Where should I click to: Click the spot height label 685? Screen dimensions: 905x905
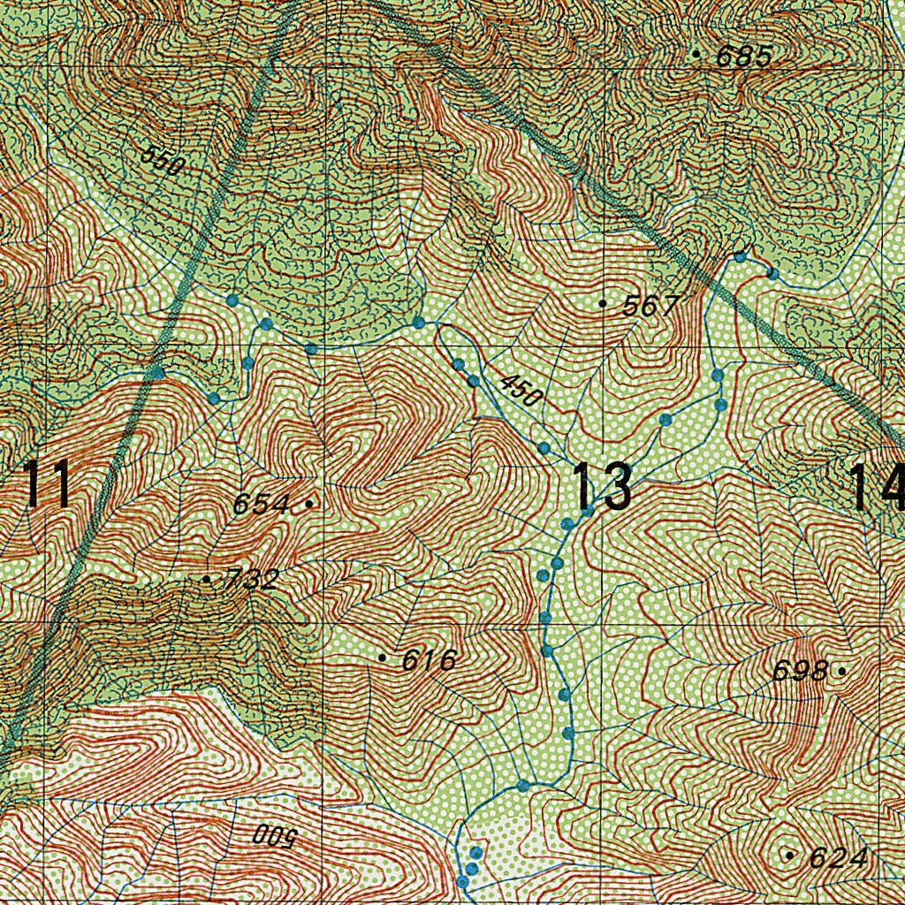(744, 57)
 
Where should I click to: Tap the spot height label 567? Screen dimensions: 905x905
(650, 307)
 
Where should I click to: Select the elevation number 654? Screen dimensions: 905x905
(261, 505)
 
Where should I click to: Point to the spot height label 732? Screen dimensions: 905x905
(252, 581)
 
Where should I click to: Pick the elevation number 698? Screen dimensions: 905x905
(801, 672)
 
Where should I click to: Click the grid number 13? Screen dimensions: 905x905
(603, 487)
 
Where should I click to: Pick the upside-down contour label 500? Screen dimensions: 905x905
(273, 834)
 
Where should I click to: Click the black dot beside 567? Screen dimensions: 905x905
(603, 303)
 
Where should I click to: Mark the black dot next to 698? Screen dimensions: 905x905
(841, 672)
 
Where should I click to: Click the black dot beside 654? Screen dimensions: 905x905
(308, 504)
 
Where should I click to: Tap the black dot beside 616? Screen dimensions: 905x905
(382, 658)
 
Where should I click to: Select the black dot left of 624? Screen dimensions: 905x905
(789, 856)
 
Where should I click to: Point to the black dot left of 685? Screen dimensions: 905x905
(697, 55)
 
